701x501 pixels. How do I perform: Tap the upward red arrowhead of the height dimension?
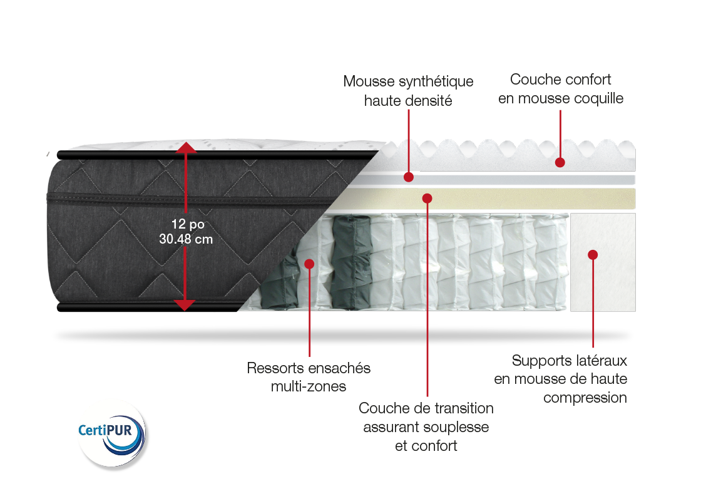point(185,147)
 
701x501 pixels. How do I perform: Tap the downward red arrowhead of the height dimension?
point(185,305)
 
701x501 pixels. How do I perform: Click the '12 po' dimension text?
point(188,224)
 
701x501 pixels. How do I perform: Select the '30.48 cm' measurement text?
point(186,239)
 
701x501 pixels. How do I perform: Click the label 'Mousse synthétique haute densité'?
point(408,91)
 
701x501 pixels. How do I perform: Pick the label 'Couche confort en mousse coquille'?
point(561,88)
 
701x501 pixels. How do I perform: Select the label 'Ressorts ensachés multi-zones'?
point(309,376)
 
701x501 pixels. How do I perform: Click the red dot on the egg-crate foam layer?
point(560,162)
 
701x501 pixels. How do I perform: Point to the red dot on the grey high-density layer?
point(408,177)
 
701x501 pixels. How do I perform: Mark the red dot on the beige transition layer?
point(427,198)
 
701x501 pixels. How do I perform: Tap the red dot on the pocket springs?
point(309,264)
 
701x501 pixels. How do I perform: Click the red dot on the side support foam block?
point(593,254)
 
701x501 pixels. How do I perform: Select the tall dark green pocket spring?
point(352,262)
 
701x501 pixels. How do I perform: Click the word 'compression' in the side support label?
point(585,398)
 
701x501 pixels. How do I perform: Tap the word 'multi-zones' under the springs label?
point(309,386)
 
